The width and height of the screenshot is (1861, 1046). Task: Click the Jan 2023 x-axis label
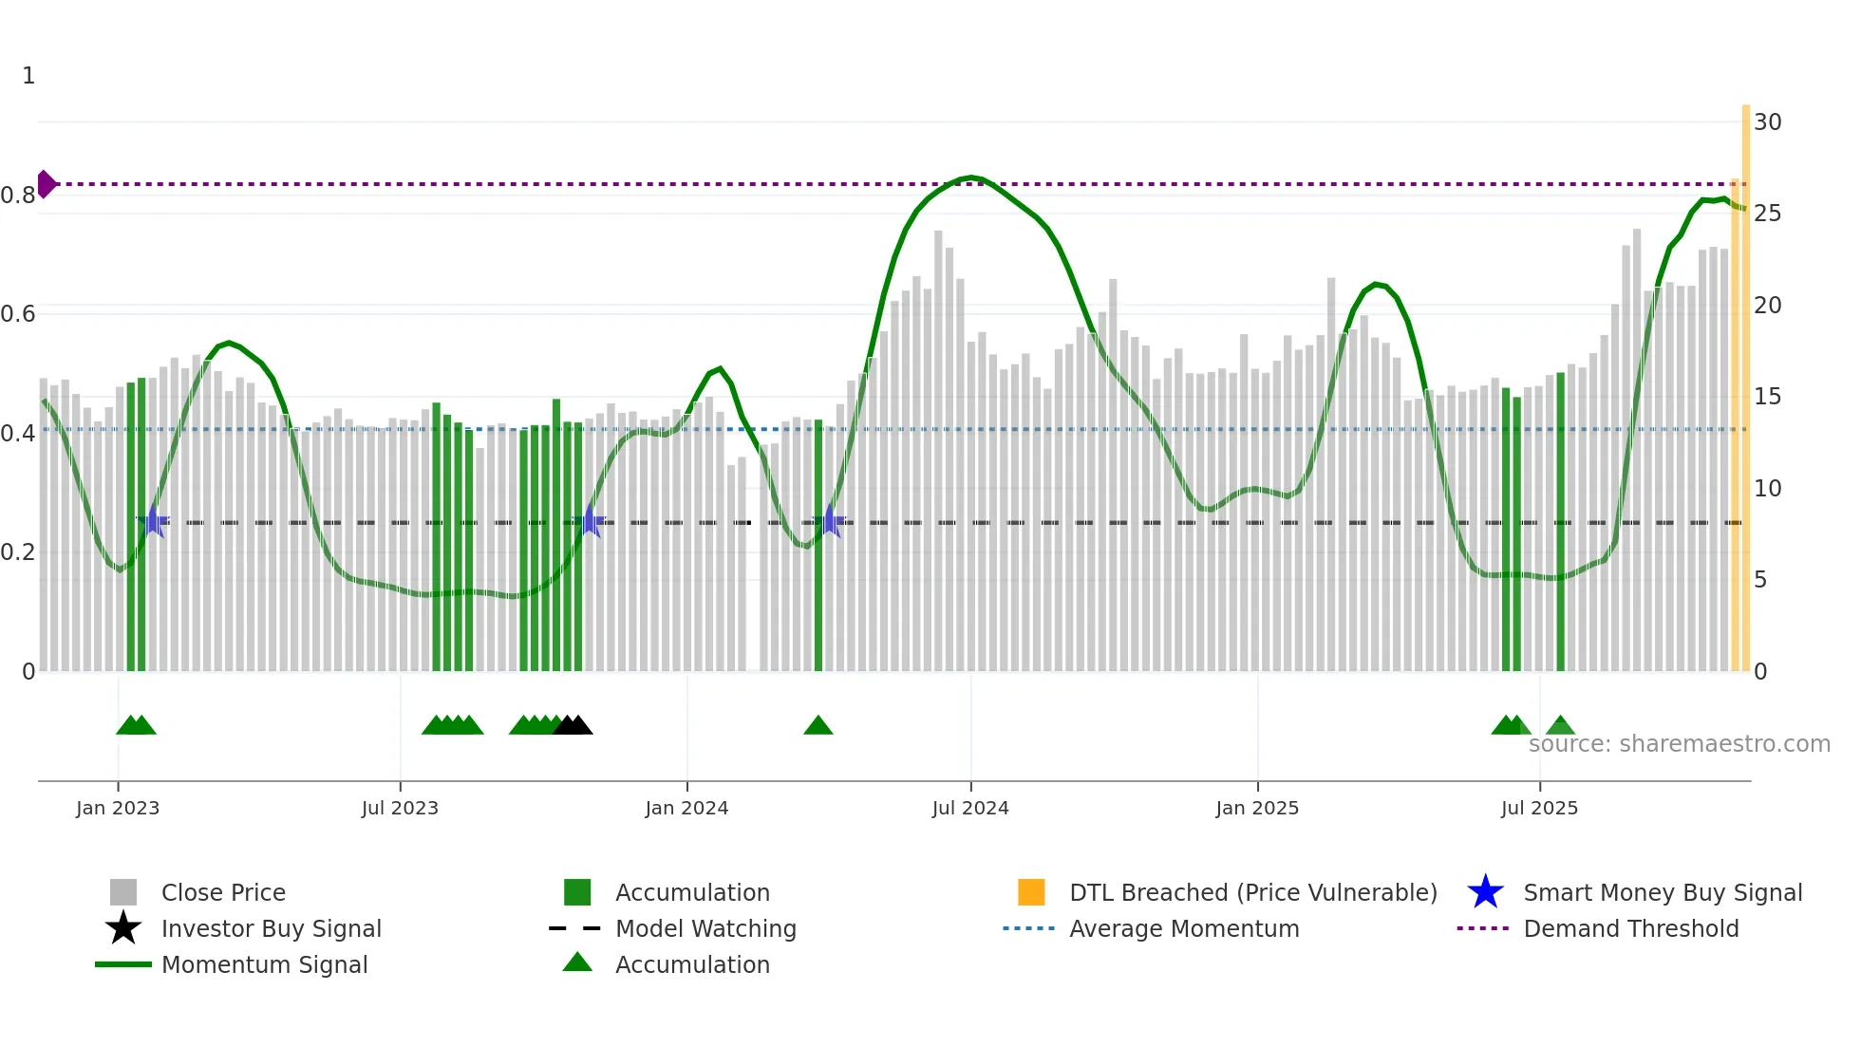[x=118, y=808]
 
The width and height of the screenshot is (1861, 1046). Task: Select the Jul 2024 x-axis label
[x=969, y=808]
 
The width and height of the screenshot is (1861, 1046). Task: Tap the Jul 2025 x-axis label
[x=1538, y=808]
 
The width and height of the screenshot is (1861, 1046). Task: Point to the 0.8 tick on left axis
[x=18, y=196]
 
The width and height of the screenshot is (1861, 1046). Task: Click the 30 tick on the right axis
[x=1767, y=122]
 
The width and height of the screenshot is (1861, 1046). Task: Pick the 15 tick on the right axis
[x=1767, y=397]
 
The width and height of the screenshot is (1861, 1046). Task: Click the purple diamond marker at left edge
[x=46, y=184]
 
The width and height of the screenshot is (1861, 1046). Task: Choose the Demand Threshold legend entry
[x=1630, y=928]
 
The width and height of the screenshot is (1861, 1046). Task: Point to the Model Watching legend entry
[x=705, y=928]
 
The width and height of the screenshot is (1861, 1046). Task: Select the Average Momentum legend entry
[x=1183, y=928]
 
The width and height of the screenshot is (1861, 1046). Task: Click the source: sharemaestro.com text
[x=1679, y=744]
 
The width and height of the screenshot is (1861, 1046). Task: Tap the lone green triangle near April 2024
[x=818, y=726]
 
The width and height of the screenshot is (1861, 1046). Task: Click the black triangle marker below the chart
[x=573, y=726]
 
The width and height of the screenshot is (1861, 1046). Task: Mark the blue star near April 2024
[x=829, y=521]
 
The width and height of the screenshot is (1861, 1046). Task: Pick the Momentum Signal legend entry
[x=264, y=964]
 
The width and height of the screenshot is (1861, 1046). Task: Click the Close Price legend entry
[x=222, y=892]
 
